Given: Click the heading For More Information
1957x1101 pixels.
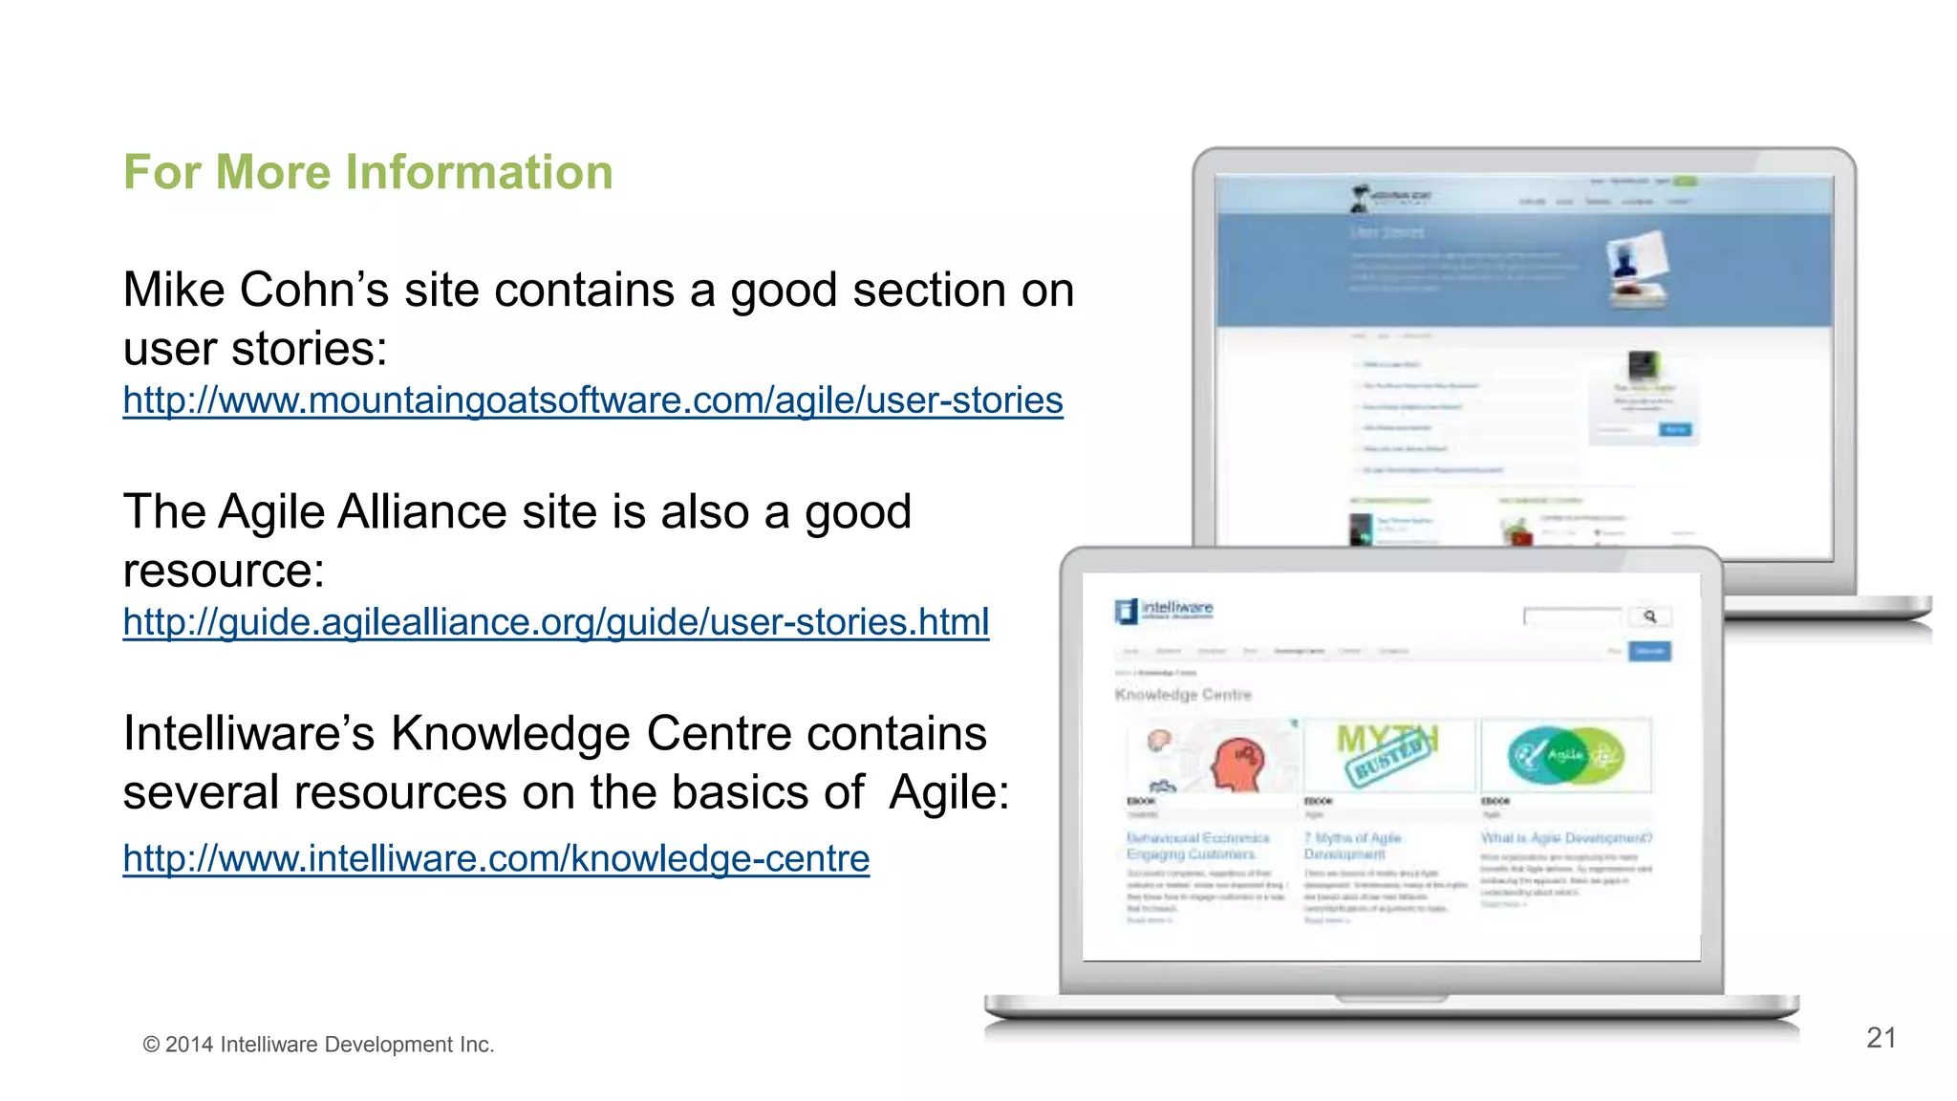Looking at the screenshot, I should pos(368,173).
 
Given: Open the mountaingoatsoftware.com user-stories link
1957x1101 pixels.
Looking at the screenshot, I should pos(592,400).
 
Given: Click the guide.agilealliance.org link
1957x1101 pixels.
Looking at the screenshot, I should pos(555,622).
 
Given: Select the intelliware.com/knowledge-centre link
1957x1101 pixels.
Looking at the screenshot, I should pos(496,858).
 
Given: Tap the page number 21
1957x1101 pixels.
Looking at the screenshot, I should pos(1881,1038).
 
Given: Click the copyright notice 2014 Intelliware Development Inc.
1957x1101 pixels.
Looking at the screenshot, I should pos(318,1045).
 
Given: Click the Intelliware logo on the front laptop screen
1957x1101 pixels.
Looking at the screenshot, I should pos(1164,610).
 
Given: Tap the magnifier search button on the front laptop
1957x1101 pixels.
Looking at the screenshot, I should pos(1650,616).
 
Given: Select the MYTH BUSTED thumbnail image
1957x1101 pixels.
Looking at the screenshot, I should pos(1388,754).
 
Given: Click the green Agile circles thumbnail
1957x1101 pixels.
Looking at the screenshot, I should pos(1565,755).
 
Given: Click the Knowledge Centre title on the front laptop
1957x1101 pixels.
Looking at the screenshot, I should pos(1183,695).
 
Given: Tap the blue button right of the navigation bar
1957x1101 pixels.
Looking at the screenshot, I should pos(1650,652).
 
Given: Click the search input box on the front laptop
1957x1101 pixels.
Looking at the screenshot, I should pos(1573,616).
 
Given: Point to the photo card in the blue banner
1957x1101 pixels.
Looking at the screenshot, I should pos(1638,268).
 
